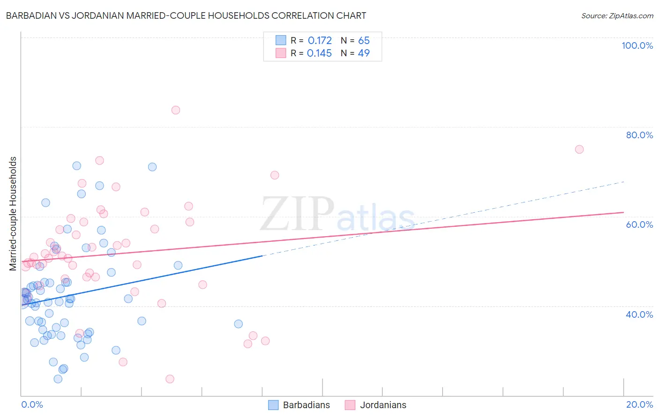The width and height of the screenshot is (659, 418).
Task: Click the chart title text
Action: coord(185,15)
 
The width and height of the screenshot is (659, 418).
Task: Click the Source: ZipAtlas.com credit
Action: coord(617,16)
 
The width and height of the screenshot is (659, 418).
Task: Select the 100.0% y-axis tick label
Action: coord(637,45)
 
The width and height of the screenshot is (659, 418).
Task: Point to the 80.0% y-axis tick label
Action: coord(639,135)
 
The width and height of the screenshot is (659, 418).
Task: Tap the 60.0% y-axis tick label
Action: coord(639,224)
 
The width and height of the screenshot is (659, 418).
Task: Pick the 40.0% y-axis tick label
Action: coord(639,314)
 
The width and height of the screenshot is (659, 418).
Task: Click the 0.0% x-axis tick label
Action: coord(32,404)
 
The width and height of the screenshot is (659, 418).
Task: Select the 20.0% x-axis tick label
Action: coord(639,404)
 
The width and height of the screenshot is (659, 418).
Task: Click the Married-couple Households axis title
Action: coord(13,213)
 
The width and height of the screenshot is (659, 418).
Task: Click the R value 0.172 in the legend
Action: coord(320,41)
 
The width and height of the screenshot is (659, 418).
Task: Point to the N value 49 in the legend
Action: coord(364,53)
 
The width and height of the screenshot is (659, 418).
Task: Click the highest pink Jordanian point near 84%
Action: coord(176,110)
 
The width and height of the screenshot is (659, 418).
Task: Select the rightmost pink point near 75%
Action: coord(579,149)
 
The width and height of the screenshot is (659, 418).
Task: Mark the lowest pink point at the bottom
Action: coord(170,379)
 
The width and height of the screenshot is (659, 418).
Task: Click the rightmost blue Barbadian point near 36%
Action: coord(239,324)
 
